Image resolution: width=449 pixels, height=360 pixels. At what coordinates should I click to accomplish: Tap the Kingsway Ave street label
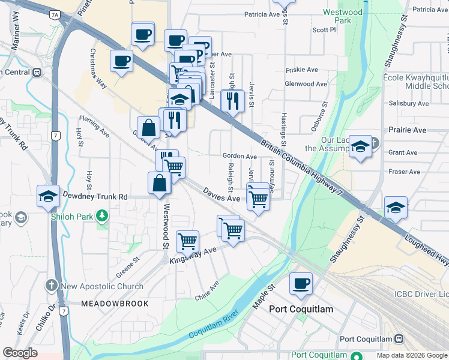point(192,256)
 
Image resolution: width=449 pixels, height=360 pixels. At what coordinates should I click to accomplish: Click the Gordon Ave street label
point(240,156)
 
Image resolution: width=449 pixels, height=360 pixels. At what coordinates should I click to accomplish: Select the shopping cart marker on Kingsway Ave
point(187,241)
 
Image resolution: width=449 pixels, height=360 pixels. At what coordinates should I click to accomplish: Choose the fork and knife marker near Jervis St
point(232,101)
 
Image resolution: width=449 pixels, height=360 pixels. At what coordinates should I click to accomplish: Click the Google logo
point(20,353)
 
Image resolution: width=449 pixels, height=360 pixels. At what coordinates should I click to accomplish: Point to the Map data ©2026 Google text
point(411,355)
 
